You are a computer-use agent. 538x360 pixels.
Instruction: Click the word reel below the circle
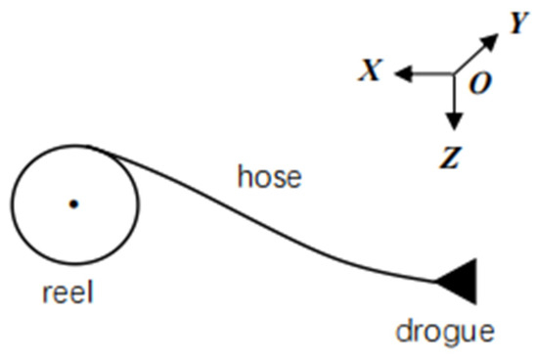[x=67, y=291]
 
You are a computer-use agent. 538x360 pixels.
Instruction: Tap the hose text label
[x=270, y=178]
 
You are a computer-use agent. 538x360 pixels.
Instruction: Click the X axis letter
[x=370, y=70]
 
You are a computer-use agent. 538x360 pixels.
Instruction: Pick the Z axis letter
[x=451, y=157]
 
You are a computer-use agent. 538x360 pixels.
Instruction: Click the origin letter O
[x=479, y=84]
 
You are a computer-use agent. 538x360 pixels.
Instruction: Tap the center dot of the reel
[x=72, y=204]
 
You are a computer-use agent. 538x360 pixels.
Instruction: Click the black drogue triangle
[x=460, y=279]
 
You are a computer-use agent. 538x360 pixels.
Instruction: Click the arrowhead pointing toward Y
[x=492, y=41]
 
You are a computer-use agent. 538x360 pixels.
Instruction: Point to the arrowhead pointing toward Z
[x=453, y=122]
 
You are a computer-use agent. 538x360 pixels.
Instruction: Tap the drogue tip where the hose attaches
[x=437, y=282]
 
